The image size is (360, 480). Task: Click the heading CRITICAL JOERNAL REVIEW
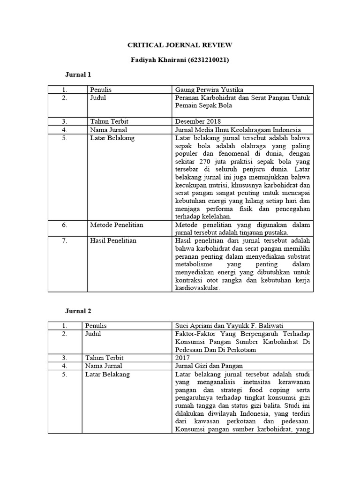(180, 45)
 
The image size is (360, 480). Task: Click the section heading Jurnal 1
(78, 75)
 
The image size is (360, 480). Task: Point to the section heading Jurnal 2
(78, 311)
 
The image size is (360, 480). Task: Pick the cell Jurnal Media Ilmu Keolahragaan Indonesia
(237, 129)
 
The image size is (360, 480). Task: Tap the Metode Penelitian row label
(117, 225)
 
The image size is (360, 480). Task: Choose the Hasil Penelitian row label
(113, 240)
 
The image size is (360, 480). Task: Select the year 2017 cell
(182, 358)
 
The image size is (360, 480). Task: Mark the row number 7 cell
(65, 240)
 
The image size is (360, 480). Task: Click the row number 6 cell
(65, 225)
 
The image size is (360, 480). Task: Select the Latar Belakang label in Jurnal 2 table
(107, 374)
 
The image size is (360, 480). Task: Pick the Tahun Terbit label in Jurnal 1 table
(109, 121)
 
